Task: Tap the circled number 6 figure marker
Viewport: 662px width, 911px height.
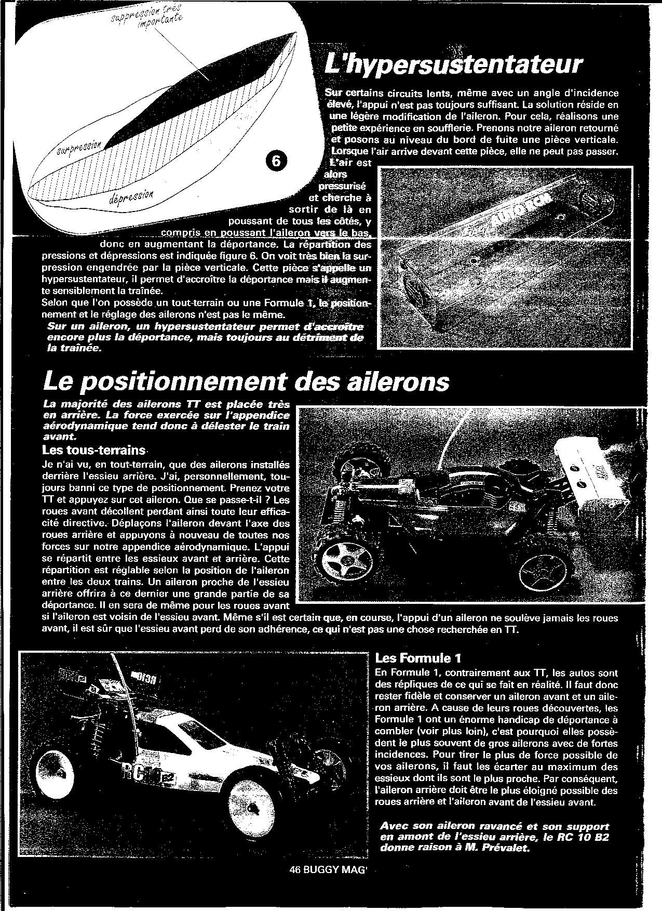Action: point(276,162)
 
